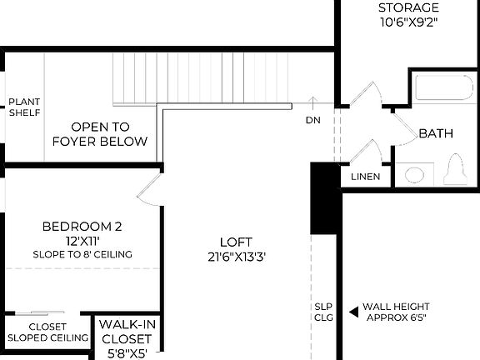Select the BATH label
[435, 133]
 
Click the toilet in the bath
[455, 170]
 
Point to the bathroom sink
[414, 175]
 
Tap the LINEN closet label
[366, 177]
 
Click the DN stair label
[312, 120]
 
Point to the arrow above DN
[312, 102]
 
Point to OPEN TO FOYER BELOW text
[99, 134]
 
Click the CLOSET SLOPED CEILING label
[47, 332]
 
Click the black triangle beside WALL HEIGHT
[353, 312]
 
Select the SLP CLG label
[323, 312]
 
